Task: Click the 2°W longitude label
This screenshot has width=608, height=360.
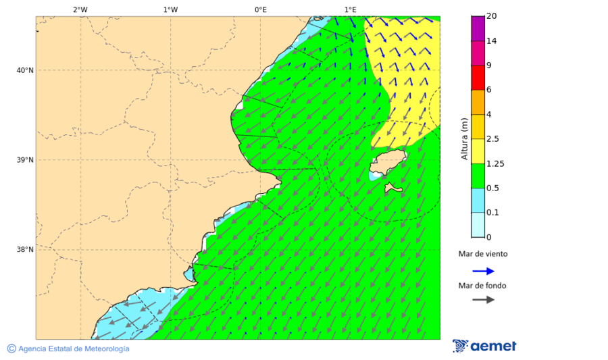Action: pos(80,9)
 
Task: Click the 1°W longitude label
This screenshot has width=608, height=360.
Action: pos(170,9)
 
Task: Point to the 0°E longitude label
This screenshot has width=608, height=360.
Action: pos(260,9)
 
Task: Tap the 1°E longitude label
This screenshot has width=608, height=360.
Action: pos(350,9)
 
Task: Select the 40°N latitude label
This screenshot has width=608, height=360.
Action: pos(25,70)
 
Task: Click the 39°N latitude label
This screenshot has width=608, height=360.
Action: pos(25,160)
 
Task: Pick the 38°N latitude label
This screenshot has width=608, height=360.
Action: pos(25,250)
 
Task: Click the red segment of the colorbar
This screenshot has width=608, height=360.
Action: pos(478,78)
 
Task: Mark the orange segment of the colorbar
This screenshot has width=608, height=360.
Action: pos(478,102)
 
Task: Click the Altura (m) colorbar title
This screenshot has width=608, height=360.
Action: pos(464,138)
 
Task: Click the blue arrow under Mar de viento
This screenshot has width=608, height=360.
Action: pos(483,271)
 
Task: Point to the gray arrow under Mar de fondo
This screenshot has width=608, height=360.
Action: pos(483,300)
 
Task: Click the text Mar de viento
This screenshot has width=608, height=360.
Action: pos(483,255)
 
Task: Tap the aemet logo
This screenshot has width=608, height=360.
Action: pos(484,346)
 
